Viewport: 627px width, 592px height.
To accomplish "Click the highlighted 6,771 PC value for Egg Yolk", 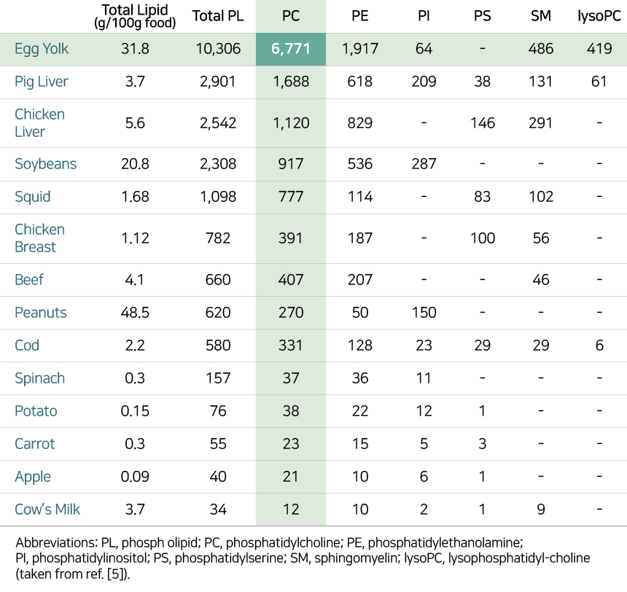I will (291, 50).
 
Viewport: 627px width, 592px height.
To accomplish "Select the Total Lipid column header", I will (135, 16).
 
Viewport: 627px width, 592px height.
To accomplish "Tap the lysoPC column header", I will (599, 16).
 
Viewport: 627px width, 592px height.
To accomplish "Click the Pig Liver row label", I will (42, 82).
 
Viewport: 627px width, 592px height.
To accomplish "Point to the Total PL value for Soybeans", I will (217, 164).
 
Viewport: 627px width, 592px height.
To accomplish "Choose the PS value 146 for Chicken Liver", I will (483, 123).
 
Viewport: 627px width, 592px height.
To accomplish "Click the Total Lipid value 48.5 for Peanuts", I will (135, 313).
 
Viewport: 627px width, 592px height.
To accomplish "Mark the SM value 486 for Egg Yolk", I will (540, 50).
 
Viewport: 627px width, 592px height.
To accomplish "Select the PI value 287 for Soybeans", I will (423, 164).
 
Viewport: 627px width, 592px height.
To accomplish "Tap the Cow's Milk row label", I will (47, 510).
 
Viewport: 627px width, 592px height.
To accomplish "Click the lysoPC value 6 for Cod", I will (599, 346).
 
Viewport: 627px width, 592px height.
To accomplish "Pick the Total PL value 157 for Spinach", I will (217, 378).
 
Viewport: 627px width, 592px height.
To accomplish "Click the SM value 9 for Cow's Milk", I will (540, 510).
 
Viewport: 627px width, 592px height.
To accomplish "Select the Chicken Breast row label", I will (39, 238).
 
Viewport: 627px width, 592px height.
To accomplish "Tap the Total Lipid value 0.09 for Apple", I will (135, 477).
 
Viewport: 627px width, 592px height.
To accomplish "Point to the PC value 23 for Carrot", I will (291, 444).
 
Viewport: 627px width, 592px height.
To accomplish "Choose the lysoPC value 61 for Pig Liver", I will (599, 82).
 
